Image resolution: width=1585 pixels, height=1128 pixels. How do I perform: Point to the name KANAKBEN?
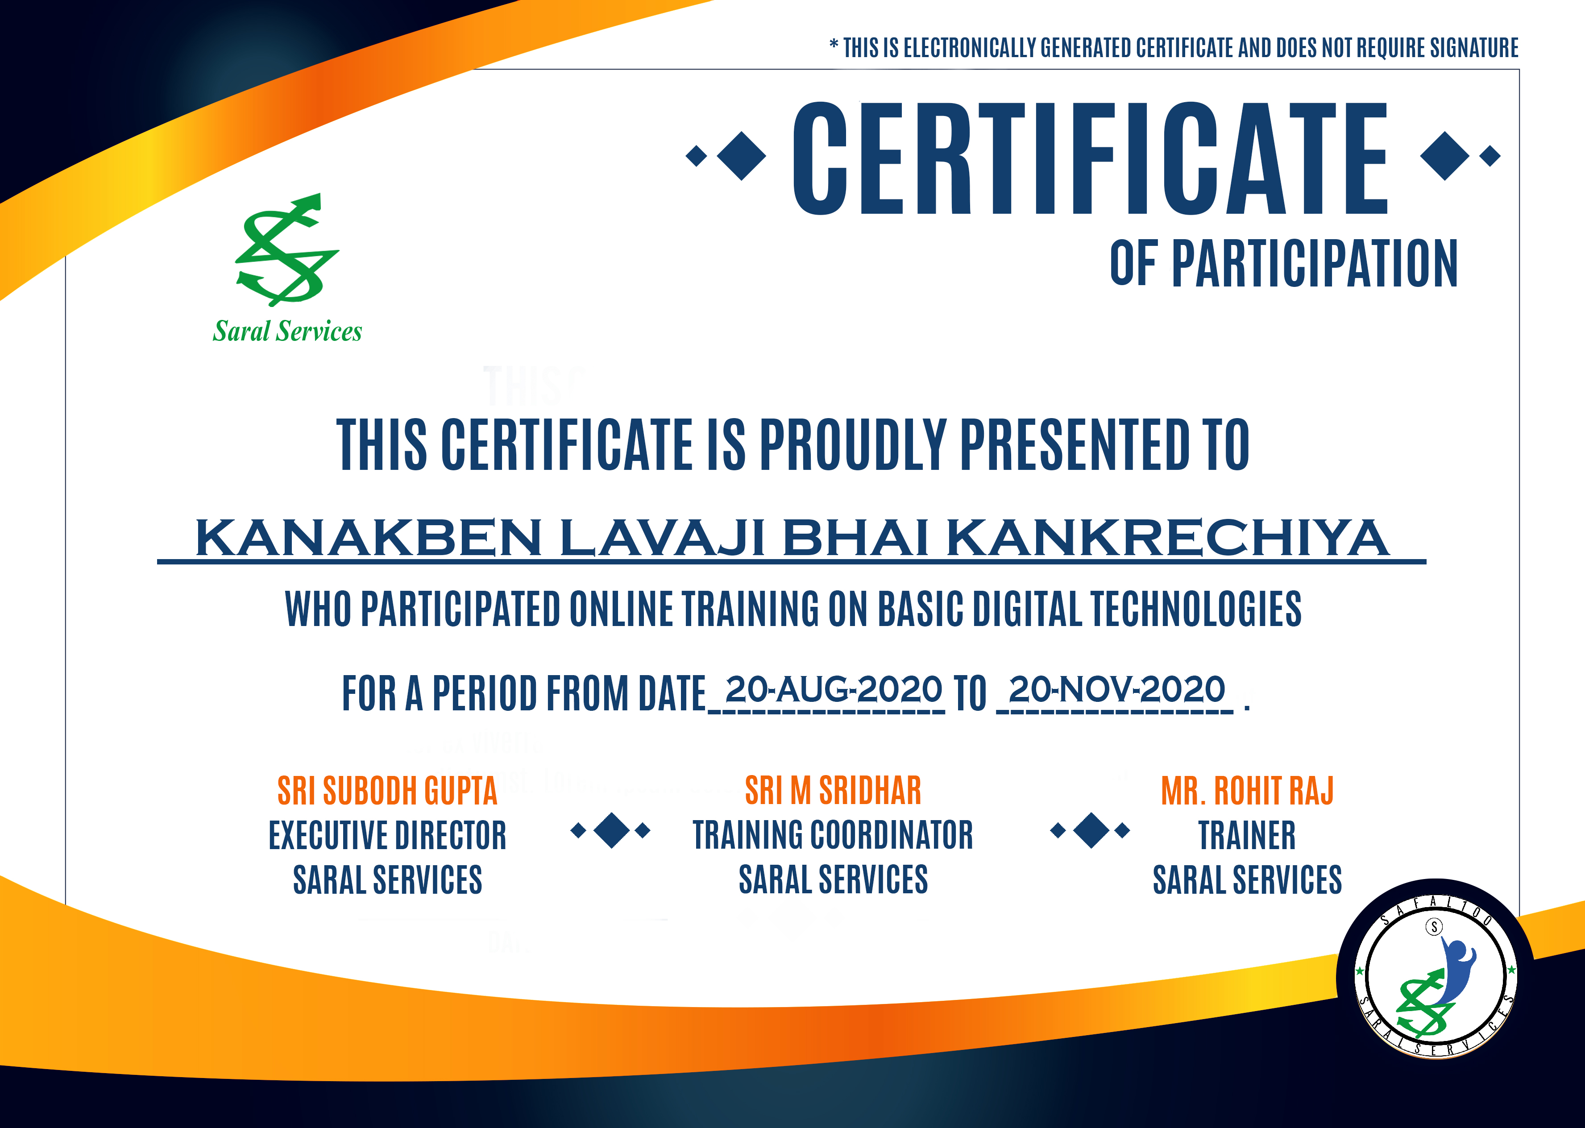click(x=368, y=538)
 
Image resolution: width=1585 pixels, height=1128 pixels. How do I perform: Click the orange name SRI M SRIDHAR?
click(x=833, y=790)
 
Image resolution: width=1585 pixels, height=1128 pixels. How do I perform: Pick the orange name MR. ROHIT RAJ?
click(x=1248, y=790)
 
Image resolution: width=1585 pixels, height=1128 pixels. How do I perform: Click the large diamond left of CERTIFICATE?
click(x=741, y=156)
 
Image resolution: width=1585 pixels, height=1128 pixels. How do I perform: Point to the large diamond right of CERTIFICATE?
click(x=1445, y=156)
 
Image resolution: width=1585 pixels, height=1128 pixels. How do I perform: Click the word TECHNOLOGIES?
click(x=1195, y=609)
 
